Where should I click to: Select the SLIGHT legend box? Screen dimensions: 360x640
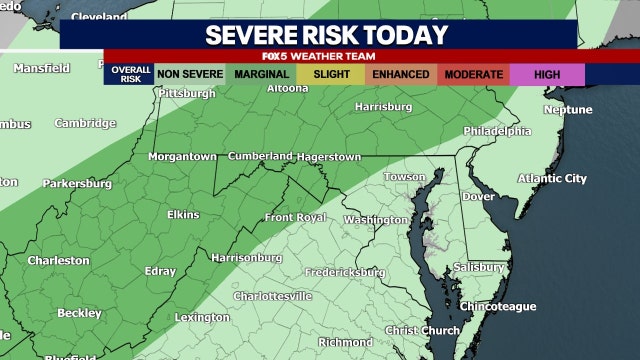pos(331,74)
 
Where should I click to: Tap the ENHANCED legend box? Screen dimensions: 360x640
pos(402,74)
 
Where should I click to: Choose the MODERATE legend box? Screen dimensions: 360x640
pos(473,74)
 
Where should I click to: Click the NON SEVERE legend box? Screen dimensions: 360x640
pos(189,74)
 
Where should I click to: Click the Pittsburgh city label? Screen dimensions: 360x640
pos(187,94)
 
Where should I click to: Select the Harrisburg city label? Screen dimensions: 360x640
pos(384,105)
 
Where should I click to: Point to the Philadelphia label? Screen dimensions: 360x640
pos(497,131)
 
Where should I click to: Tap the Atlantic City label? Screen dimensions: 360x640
pos(552,179)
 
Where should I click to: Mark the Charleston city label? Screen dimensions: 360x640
pos(58,260)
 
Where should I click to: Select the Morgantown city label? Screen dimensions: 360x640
pos(182,157)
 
